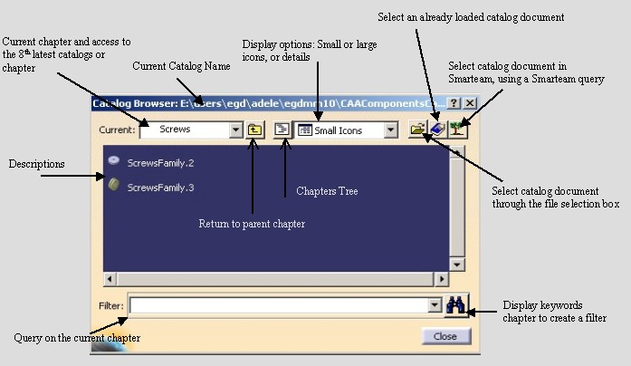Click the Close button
point(446,336)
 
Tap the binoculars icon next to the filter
point(456,305)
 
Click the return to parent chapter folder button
point(254,130)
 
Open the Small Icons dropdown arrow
point(390,130)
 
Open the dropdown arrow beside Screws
point(235,130)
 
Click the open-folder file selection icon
point(417,130)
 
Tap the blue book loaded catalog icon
point(437,130)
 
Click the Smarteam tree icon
point(457,130)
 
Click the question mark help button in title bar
point(454,103)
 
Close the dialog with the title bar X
point(470,103)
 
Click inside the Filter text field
point(279,305)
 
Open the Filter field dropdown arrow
point(435,305)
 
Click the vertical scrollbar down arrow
point(457,265)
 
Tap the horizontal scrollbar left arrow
point(110,279)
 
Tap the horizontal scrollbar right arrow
point(442,279)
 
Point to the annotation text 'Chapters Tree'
point(327,191)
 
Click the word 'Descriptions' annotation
point(36,164)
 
